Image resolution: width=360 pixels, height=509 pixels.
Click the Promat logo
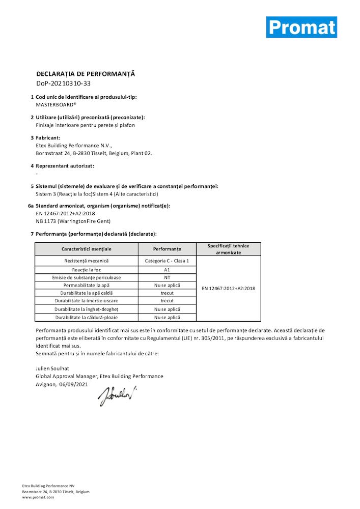tap(301, 27)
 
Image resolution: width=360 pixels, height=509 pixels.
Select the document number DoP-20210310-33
tap(63, 83)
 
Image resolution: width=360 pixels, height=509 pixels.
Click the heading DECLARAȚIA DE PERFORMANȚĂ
tap(85, 74)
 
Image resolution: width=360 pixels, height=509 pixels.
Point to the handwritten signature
tap(117, 395)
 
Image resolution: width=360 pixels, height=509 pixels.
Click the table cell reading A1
tap(167, 269)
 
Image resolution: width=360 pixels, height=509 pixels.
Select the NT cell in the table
tap(167, 277)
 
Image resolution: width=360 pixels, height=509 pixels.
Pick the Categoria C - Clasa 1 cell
tap(167, 261)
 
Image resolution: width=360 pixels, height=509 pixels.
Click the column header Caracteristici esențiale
tap(86, 249)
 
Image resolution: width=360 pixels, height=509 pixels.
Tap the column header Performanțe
tap(167, 249)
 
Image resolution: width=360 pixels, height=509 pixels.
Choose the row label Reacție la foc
tap(86, 269)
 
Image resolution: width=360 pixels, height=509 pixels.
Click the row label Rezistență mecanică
tap(86, 261)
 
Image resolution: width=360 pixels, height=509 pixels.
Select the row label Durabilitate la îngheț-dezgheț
tap(86, 309)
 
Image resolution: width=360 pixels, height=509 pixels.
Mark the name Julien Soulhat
tap(52, 368)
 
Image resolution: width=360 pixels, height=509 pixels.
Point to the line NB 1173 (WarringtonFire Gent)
tap(73, 221)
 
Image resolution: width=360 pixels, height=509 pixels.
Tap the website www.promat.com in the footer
tap(38, 497)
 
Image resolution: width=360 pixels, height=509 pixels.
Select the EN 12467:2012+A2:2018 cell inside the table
tap(229, 289)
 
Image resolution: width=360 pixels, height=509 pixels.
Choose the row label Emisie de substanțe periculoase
tap(86, 277)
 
